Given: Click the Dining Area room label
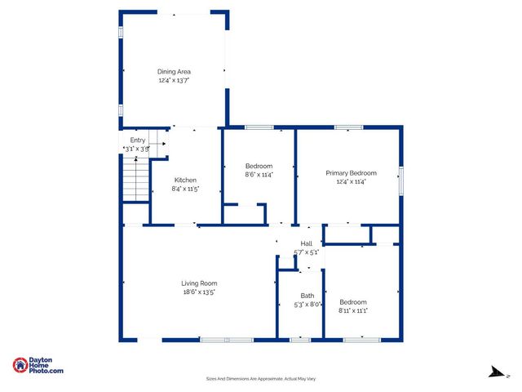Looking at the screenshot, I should click(173, 72).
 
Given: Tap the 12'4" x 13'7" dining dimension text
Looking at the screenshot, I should click(173, 81).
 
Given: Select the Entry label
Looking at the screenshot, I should click(137, 140).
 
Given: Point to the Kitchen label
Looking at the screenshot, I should click(185, 180).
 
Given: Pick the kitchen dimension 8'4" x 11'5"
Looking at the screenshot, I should click(185, 189).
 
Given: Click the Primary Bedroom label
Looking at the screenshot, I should click(351, 173).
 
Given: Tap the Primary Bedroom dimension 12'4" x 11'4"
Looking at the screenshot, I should click(351, 181).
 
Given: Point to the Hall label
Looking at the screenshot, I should click(307, 243).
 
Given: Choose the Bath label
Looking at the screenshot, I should click(307, 296).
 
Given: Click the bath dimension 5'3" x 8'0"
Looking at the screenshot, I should click(307, 305).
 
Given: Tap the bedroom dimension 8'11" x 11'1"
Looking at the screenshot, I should click(353, 310).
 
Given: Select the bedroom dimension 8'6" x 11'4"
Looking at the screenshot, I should click(259, 174).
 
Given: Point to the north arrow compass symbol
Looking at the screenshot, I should click(493, 372).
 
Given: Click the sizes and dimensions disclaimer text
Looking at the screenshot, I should click(261, 379).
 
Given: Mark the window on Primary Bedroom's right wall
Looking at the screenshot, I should click(400, 180).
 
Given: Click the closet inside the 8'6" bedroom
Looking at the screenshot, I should click(245, 214).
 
